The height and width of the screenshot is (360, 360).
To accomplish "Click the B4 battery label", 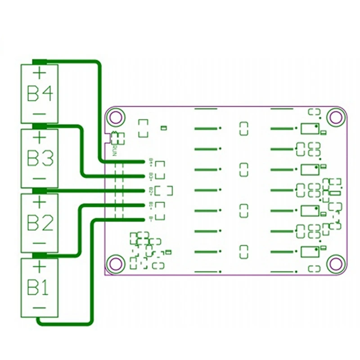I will coord(40,94).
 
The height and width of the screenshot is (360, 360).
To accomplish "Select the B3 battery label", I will coord(40,158).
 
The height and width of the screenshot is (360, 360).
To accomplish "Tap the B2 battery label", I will coord(40,223).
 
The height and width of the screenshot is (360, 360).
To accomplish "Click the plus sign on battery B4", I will coord(40,72).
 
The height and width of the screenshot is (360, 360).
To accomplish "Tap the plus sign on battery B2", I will coord(40,202).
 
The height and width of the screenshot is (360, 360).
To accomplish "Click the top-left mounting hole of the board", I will coord(117,117).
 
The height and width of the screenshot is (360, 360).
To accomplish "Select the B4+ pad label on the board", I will coord(151,161).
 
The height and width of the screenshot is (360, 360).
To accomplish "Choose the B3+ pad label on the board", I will coord(151,175).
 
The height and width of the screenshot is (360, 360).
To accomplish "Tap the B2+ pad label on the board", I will coord(151,190).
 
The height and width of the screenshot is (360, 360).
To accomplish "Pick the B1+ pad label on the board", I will coord(151,205).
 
